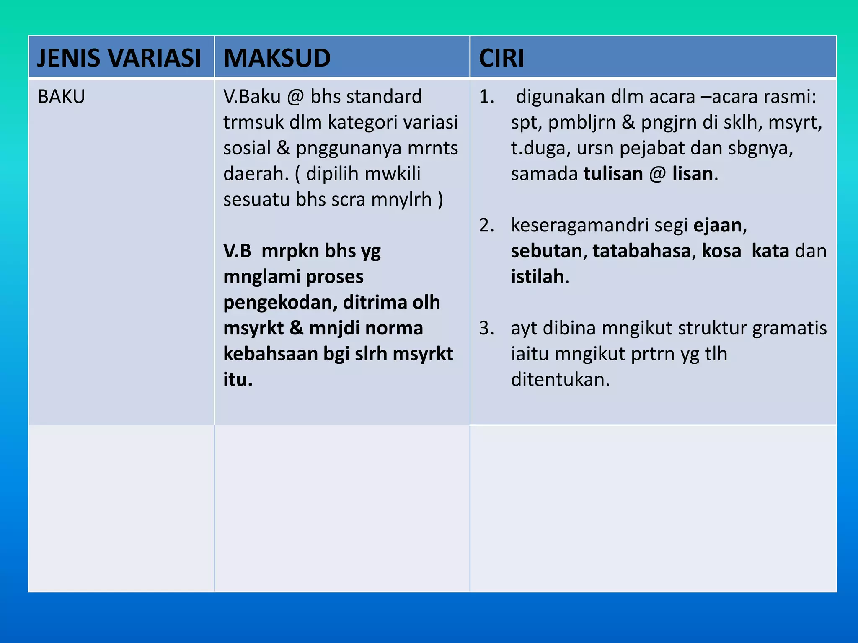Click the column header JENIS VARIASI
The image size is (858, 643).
tap(119, 58)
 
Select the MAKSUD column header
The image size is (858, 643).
tap(277, 58)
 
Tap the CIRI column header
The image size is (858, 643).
tap(501, 58)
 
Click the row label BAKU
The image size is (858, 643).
tap(61, 97)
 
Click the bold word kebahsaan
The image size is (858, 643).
tap(271, 354)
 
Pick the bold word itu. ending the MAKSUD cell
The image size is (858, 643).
tap(238, 380)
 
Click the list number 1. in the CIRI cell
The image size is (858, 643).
tap(486, 97)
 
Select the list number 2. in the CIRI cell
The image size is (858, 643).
tap(486, 226)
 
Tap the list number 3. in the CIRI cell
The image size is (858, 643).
tap(486, 328)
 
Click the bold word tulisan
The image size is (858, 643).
tap(613, 174)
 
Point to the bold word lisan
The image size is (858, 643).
tap(693, 174)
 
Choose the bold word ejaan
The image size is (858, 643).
tap(718, 226)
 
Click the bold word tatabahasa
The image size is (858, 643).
tap(641, 251)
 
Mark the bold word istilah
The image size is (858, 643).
tap(537, 277)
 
